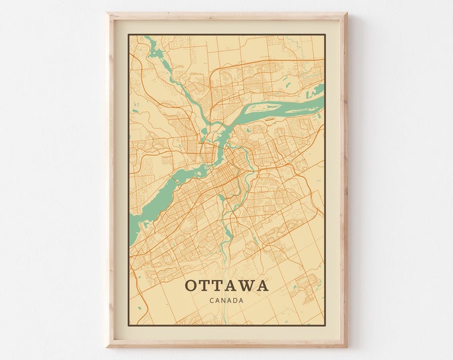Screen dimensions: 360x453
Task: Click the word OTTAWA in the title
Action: click(x=226, y=285)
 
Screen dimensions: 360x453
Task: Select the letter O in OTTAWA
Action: click(x=191, y=285)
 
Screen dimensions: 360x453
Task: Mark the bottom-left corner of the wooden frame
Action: click(x=108, y=347)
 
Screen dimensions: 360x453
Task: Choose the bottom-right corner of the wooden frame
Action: click(x=346, y=347)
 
